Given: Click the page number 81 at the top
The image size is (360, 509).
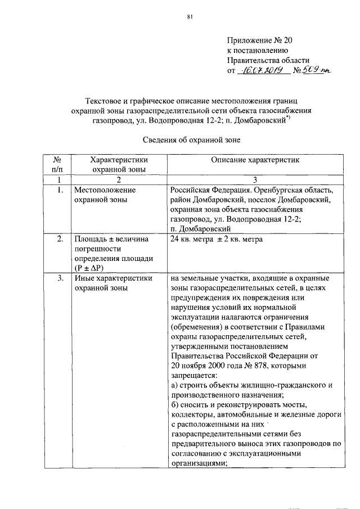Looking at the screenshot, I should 190,17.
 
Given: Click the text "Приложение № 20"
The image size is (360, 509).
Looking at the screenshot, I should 260,40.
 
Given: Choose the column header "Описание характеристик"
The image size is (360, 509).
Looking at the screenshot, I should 254,160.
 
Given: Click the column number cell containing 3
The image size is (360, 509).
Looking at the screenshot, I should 254,179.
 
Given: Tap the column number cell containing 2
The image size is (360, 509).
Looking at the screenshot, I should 119,179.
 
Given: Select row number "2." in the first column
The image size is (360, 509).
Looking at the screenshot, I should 60,239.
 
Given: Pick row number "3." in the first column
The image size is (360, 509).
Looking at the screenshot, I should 60,278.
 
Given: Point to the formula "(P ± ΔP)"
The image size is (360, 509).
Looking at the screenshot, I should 89,268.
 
